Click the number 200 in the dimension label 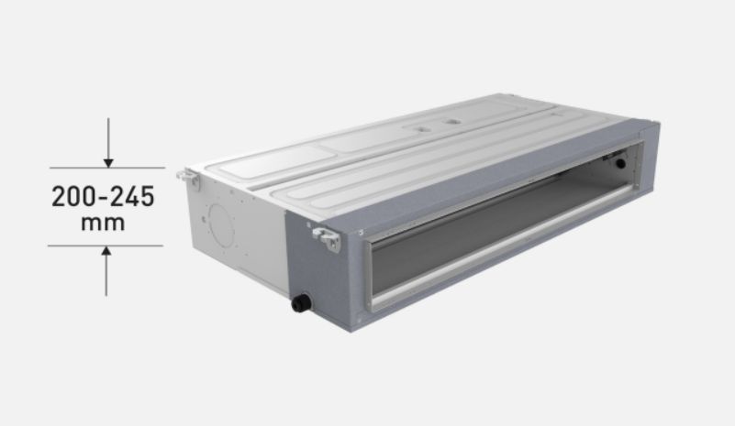tap(74, 197)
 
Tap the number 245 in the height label tap(131, 197)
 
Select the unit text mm tap(102, 223)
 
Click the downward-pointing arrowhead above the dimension tap(107, 162)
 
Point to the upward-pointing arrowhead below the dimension tap(107, 251)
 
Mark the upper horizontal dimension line tap(106, 168)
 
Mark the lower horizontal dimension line tap(106, 246)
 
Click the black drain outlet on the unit tap(300, 302)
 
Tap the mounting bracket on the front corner tap(327, 237)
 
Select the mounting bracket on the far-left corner tap(190, 176)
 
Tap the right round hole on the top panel tap(451, 118)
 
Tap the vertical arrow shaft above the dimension tap(107, 137)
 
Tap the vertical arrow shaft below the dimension tap(107, 275)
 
